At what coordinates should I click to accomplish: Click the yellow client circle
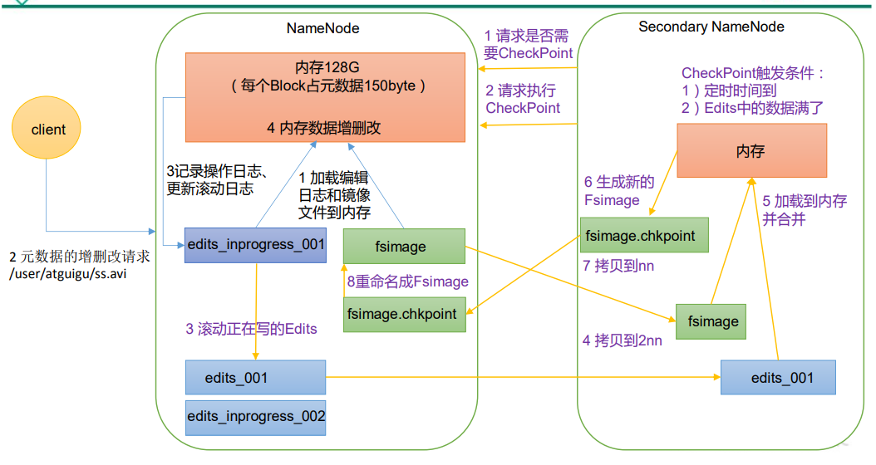tap(48, 130)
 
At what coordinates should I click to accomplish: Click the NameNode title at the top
tap(323, 27)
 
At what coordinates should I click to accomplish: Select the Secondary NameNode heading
tap(711, 27)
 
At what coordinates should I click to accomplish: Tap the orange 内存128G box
tap(325, 97)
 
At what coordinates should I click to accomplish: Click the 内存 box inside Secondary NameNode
tap(751, 151)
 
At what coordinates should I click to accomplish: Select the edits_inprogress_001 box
tap(254, 245)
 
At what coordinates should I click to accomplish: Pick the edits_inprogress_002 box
tap(255, 416)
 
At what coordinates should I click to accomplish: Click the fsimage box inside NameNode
tap(404, 247)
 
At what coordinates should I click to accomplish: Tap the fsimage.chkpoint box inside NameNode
tap(404, 314)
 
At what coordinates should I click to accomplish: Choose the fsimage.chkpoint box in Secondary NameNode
tap(640, 235)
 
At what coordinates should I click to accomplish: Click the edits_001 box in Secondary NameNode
tap(777, 378)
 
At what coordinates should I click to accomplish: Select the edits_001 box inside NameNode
tap(255, 378)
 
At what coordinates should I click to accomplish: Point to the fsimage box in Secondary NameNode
tap(712, 321)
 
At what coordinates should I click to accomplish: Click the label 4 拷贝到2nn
tap(623, 340)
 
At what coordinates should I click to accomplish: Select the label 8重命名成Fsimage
tap(407, 281)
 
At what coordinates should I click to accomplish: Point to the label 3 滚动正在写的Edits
tap(251, 329)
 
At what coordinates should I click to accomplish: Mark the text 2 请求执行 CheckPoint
tap(523, 100)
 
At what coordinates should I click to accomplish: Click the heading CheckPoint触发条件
tap(752, 73)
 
